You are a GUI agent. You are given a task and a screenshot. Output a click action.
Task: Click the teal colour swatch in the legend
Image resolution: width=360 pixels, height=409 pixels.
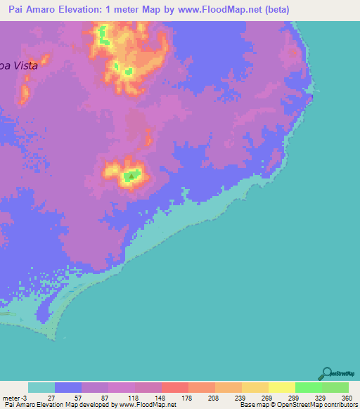point(41,387)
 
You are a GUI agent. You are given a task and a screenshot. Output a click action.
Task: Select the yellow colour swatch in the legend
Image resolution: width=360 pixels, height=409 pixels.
point(282,387)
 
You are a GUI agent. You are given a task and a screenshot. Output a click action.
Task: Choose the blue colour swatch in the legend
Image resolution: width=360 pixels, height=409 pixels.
point(68,387)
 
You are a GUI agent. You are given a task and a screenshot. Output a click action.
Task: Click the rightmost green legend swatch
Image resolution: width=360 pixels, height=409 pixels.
point(335,387)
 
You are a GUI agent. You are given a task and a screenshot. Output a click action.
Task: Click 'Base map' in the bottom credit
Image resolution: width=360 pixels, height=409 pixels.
point(251,405)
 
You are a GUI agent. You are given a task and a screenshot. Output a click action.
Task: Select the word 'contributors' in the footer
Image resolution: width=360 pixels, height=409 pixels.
point(340,405)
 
